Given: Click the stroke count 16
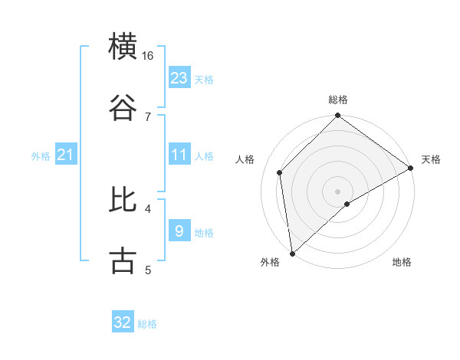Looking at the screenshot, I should pyautogui.click(x=148, y=56).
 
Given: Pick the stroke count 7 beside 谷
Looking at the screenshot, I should pyautogui.click(x=148, y=116).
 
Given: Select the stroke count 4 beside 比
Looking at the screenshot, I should pyautogui.click(x=148, y=208).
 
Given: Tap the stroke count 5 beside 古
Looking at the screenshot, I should pyautogui.click(x=148, y=270).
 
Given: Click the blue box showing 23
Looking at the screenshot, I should pyautogui.click(x=179, y=78).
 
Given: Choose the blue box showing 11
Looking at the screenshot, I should pyautogui.click(x=179, y=155).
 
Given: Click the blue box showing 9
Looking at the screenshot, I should pyautogui.click(x=179, y=231).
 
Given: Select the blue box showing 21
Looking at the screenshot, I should pyautogui.click(x=65, y=155).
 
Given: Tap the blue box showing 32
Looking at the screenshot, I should pyautogui.click(x=123, y=322).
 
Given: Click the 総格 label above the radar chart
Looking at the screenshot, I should pyautogui.click(x=338, y=100).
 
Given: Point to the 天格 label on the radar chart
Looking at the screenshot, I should pyautogui.click(x=431, y=159).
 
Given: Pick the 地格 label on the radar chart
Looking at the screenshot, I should pyautogui.click(x=402, y=263).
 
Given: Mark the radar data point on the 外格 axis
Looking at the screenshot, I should pyautogui.click(x=292, y=253).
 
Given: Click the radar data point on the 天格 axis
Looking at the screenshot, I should pyautogui.click(x=411, y=169).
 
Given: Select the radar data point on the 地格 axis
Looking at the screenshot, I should pyautogui.click(x=347, y=204).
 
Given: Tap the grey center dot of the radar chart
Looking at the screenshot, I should pyautogui.click(x=338, y=191).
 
